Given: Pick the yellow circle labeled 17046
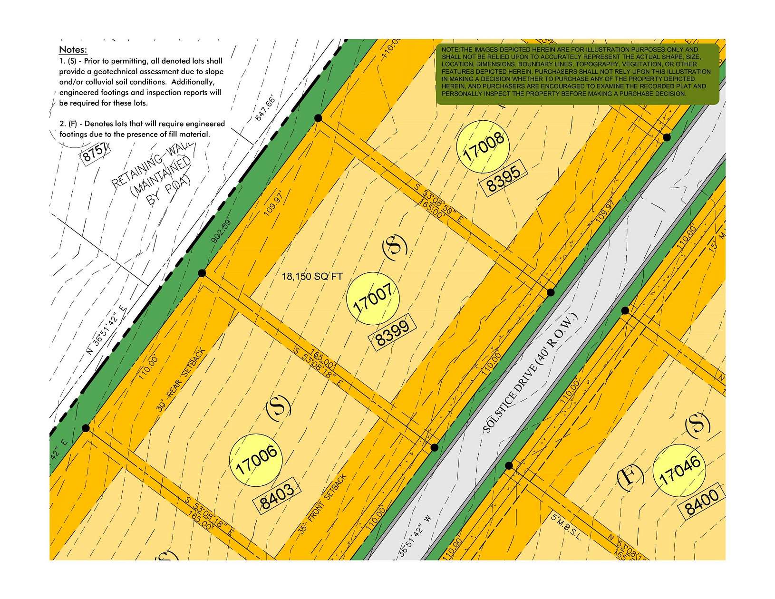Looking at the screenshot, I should [679, 471].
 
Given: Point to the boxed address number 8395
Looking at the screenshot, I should [504, 179].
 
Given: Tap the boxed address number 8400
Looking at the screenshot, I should [702, 502].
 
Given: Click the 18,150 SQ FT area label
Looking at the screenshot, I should [312, 277].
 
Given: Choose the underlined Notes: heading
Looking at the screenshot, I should [73, 50].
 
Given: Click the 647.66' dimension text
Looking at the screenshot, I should [266, 108].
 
